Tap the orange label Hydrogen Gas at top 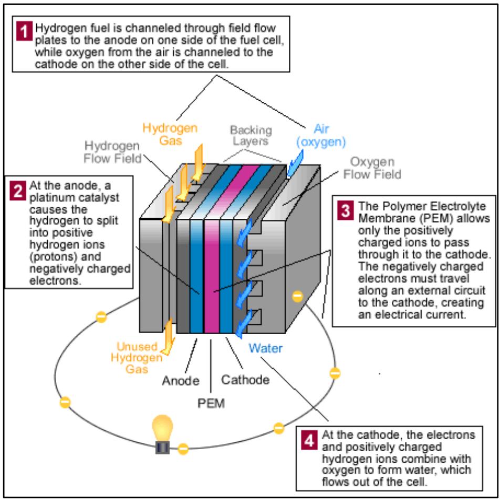pyautogui.click(x=170, y=134)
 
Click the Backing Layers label pyautogui.click(x=251, y=135)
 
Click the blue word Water pyautogui.click(x=266, y=347)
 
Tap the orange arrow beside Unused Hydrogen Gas pyautogui.click(x=169, y=336)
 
